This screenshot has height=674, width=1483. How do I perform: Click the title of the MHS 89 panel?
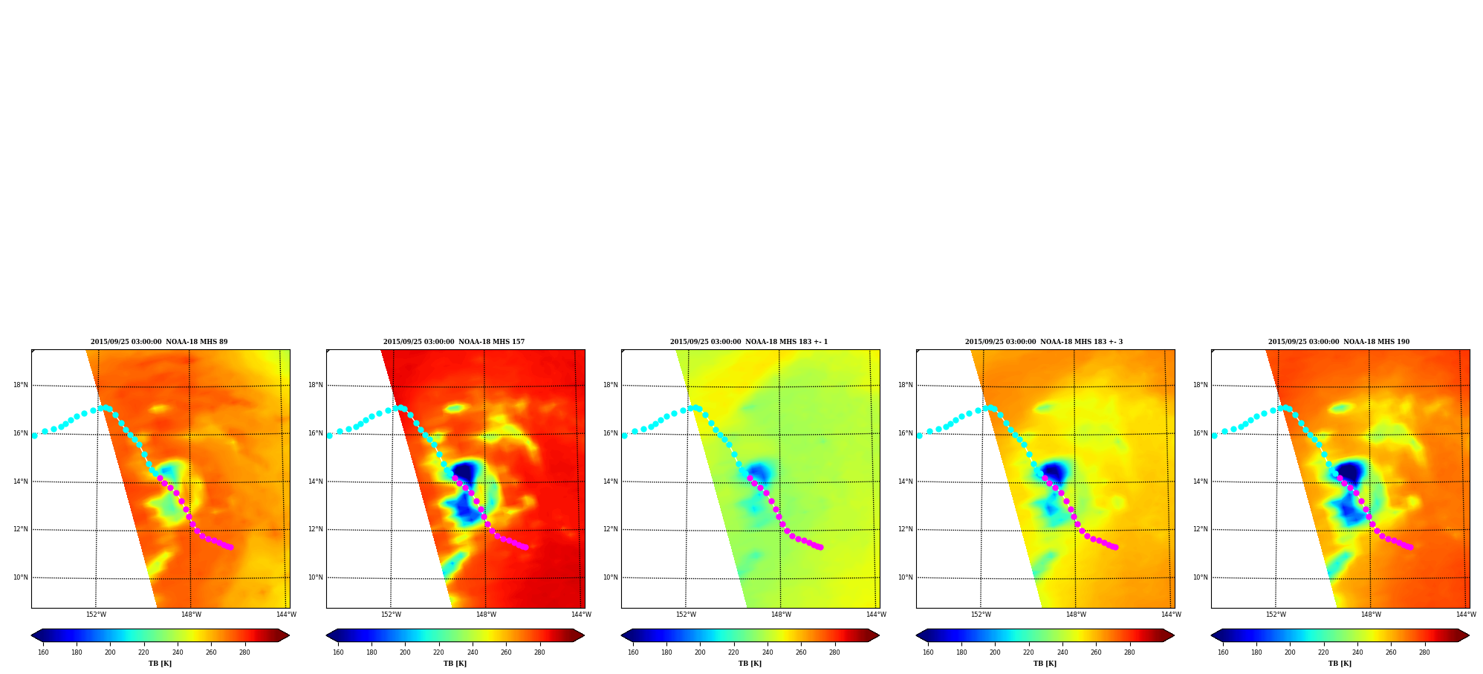[159, 342]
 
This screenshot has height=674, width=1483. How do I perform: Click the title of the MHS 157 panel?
[454, 342]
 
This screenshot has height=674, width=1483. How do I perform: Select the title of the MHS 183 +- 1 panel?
[749, 342]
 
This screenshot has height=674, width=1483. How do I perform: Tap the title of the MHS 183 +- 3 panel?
[1044, 342]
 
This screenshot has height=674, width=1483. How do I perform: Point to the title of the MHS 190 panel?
[1339, 342]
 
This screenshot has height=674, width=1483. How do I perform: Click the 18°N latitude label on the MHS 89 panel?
[20, 385]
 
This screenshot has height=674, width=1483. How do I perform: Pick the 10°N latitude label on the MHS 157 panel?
[315, 577]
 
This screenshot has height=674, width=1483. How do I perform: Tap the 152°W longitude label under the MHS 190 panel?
[1276, 615]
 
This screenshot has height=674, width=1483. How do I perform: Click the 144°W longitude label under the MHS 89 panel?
[286, 615]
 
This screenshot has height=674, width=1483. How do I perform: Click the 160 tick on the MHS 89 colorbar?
[43, 652]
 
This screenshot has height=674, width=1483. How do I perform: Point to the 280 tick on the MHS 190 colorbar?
[1424, 652]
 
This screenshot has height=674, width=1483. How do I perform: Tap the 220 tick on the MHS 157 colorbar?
[438, 652]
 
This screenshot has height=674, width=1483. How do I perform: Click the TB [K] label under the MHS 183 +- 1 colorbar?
[750, 664]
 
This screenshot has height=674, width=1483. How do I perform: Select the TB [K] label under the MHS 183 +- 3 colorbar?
[1045, 664]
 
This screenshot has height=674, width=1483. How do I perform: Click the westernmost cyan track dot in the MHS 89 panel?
[34, 435]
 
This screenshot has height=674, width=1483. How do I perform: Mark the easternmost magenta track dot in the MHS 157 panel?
[525, 547]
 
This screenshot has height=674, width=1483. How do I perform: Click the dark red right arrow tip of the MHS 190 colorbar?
[1469, 635]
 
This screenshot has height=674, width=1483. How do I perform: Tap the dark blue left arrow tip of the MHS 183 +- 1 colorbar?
[622, 635]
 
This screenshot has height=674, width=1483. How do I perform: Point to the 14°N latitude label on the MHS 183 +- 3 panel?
[905, 482]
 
